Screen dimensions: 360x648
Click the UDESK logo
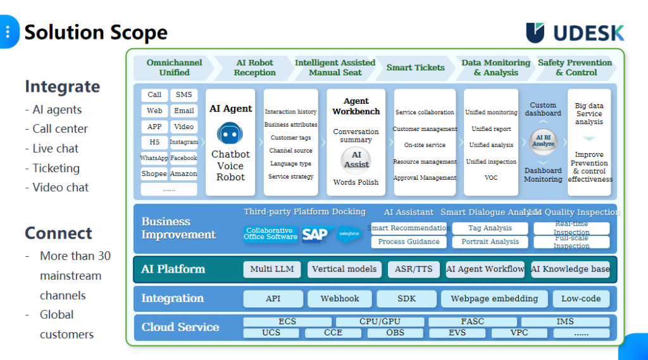point(575,33)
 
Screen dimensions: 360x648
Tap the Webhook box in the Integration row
point(340,299)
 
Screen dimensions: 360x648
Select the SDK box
point(407,299)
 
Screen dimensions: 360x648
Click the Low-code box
point(581,299)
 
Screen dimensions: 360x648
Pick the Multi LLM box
point(272,269)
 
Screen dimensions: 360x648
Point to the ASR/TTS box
point(413,269)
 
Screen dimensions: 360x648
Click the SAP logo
point(315,235)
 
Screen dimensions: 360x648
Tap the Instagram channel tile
point(184,142)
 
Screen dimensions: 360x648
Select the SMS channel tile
point(184,95)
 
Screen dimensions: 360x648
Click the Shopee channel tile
point(154,174)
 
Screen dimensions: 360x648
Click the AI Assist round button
point(356,160)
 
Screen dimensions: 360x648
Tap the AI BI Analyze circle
point(543,141)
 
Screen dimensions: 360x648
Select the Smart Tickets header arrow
point(416,68)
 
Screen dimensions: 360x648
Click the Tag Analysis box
point(490,228)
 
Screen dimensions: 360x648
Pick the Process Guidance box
point(409,242)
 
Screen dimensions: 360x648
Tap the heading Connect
point(58,233)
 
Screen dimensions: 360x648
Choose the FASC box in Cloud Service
point(473,322)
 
